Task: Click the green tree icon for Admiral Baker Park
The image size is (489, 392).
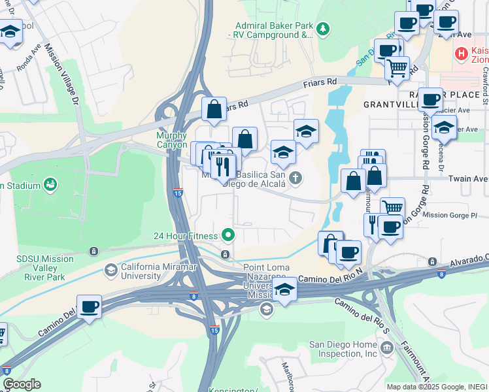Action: point(323,29)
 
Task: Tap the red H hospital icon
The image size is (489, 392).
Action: point(462,53)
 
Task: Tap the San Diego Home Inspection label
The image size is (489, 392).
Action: point(343,350)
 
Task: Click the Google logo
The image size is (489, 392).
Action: point(22,384)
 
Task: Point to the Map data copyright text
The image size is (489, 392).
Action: point(437,387)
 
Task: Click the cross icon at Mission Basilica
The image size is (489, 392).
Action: point(295,177)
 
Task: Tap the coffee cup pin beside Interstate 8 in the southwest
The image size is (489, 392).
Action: point(89,306)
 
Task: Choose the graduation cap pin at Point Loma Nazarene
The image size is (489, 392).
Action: point(284,288)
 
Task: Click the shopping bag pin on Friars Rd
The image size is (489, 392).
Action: point(214,109)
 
